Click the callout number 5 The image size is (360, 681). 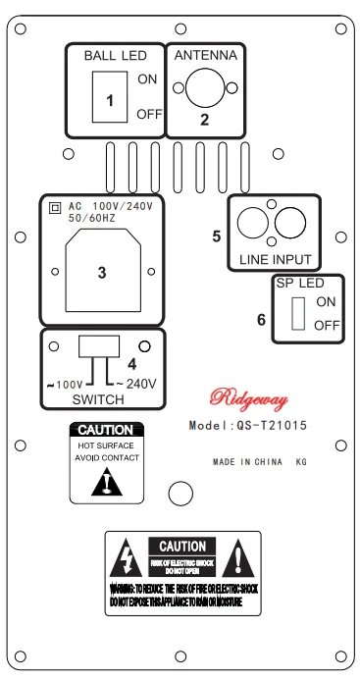coord(217,236)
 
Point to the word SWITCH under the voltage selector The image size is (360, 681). coord(97,400)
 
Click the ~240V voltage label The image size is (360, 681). coord(137,382)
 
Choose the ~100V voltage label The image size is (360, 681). coord(68,382)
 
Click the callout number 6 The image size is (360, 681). coord(260,320)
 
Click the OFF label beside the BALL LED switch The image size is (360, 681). coord(149,115)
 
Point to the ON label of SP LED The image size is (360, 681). coord(326,301)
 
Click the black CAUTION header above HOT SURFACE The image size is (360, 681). coord(109,430)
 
